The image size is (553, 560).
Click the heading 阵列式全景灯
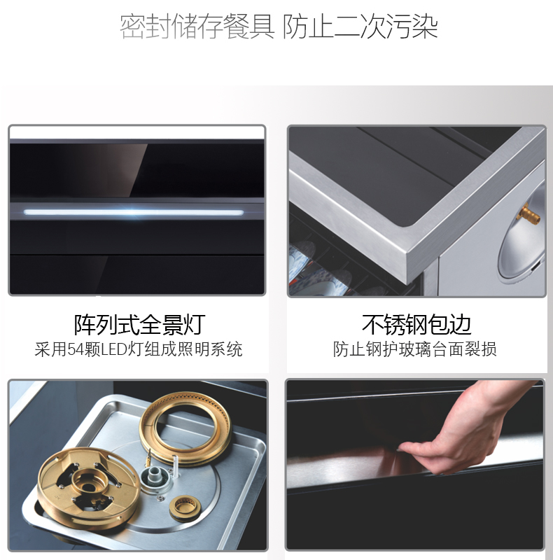click(x=140, y=324)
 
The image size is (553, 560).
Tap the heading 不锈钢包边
click(x=416, y=324)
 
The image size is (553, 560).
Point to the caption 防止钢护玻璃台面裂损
click(x=414, y=349)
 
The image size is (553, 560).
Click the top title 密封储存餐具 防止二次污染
click(x=279, y=27)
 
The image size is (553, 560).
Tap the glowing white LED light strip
click(x=134, y=213)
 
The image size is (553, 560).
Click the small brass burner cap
click(x=182, y=507)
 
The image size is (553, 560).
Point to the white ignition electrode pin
click(x=175, y=465)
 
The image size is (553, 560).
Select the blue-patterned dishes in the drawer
click(x=318, y=268)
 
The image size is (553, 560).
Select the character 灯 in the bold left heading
click(x=195, y=324)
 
